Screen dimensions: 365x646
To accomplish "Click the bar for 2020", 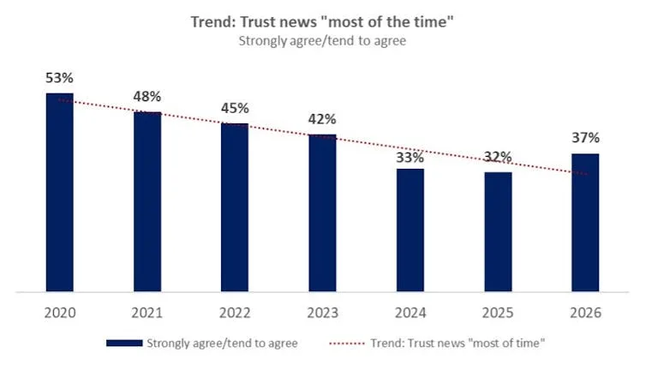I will (x=59, y=193).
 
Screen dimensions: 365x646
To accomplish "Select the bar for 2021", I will (x=147, y=202).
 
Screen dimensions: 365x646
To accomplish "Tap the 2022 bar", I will (x=235, y=208).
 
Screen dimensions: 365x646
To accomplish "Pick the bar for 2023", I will (x=322, y=213).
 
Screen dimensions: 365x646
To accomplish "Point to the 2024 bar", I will (x=410, y=230).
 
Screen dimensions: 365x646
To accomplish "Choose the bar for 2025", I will (x=498, y=232).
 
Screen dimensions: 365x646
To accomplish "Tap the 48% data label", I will (x=147, y=96).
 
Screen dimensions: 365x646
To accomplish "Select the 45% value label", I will (x=235, y=108).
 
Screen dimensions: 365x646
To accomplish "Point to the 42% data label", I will (x=322, y=119).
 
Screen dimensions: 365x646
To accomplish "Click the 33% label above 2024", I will (x=410, y=157).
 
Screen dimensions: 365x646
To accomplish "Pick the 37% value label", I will (x=585, y=138).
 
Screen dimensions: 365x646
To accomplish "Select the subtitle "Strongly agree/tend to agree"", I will (x=322, y=39).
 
